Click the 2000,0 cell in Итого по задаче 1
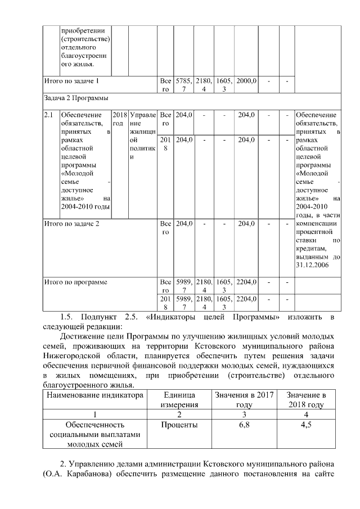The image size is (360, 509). (x=246, y=81)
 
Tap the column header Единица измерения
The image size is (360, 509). (x=179, y=400)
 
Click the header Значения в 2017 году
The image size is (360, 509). (x=244, y=400)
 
